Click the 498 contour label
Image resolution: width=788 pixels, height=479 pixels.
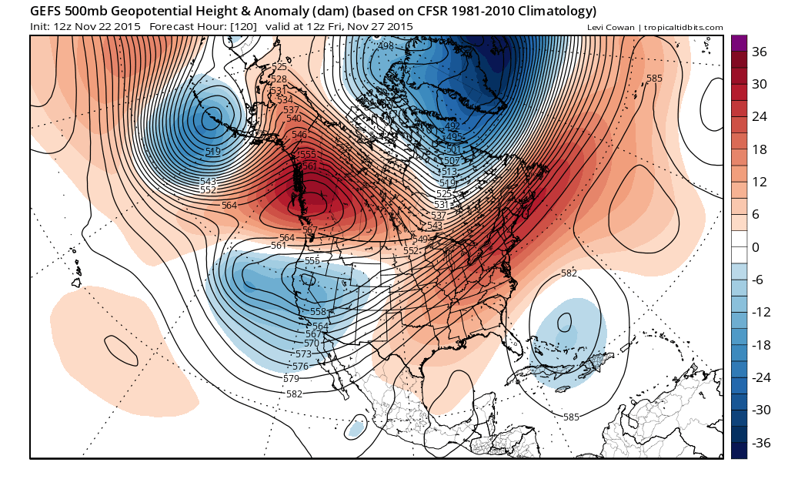[386, 46]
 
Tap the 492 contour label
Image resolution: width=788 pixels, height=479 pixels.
[452, 126]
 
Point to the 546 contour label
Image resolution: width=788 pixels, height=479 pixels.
[299, 135]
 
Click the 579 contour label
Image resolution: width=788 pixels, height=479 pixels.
[291, 379]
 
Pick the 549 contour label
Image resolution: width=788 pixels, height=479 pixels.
[421, 239]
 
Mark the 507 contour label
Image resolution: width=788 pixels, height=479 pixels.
[451, 161]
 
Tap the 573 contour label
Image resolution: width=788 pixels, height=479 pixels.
[303, 354]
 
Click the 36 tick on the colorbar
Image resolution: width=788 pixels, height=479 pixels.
[760, 52]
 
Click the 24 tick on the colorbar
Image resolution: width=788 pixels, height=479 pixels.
[760, 116]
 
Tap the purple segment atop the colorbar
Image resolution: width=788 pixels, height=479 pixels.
[739, 43]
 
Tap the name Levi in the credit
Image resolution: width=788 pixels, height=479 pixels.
[595, 28]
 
